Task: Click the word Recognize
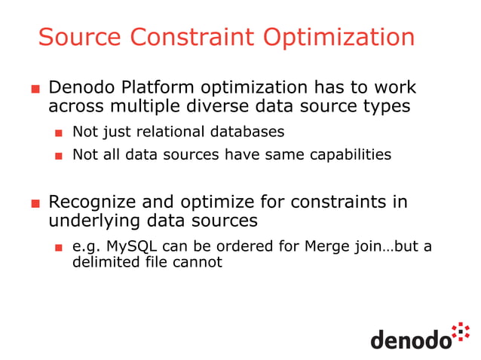[94, 202]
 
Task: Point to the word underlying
[90, 221]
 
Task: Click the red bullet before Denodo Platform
[35, 89]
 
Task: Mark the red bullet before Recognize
[35, 203]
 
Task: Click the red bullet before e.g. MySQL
[58, 248]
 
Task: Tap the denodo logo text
[410, 338]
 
